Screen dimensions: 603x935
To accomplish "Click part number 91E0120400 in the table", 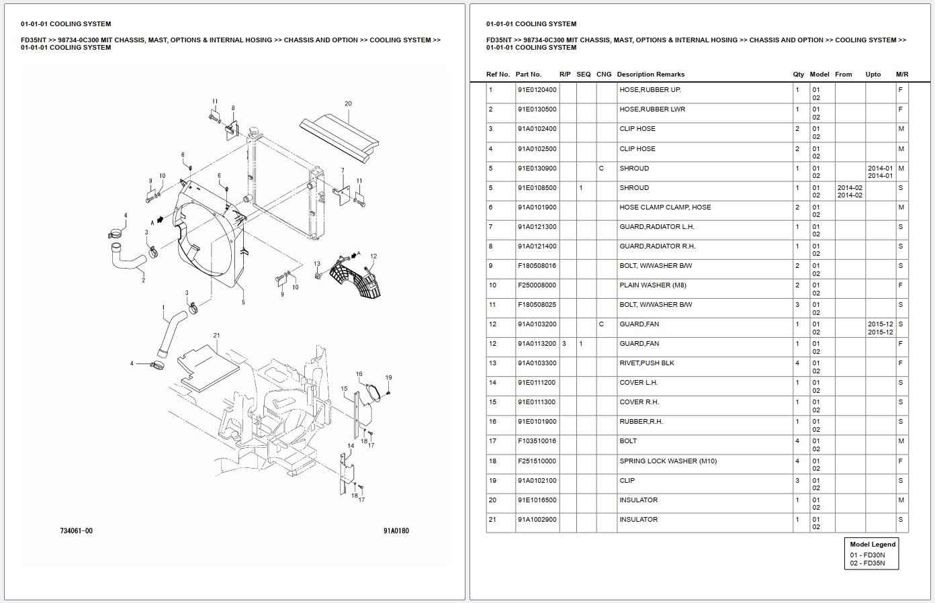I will [537, 90].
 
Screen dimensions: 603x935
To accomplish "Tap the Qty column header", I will [798, 75].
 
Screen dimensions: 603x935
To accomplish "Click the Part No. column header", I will [528, 75].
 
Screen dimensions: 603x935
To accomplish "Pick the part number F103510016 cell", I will [537, 441].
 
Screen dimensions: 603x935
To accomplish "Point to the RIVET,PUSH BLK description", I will [646, 363].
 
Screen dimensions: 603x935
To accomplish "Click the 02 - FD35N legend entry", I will [867, 563].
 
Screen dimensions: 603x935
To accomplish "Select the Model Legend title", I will [872, 545].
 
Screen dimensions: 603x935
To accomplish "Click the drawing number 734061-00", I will [77, 531].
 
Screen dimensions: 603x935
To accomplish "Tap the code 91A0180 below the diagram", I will [396, 531].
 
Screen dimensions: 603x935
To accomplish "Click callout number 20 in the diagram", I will [348, 104].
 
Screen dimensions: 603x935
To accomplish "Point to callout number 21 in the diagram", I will [216, 335].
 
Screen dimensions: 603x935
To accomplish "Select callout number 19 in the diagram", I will [388, 377].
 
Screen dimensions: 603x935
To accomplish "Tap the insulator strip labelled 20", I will [339, 138].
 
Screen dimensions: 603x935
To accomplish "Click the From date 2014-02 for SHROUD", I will [849, 188].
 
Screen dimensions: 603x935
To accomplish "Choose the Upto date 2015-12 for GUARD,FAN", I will [880, 324].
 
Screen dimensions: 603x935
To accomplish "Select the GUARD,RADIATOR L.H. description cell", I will [656, 227].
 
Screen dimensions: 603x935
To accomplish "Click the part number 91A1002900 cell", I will [537, 520].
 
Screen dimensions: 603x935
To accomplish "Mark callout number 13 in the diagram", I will [316, 264].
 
